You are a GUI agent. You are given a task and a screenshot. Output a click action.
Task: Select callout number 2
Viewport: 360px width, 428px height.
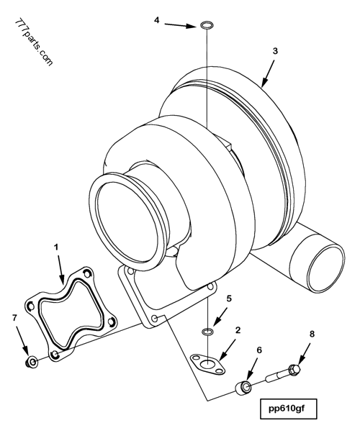[237, 332]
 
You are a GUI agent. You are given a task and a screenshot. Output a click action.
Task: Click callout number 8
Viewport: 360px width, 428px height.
[312, 335]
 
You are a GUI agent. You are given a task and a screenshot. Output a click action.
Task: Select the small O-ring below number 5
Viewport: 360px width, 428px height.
[207, 331]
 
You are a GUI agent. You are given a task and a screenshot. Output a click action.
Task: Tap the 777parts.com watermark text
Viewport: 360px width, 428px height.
[33, 43]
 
